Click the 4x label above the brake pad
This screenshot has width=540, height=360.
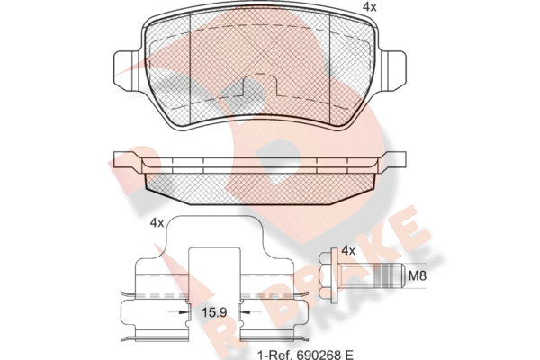370,7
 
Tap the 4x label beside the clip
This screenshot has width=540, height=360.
157,223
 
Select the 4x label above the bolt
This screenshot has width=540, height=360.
348,250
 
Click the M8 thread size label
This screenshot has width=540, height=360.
418,275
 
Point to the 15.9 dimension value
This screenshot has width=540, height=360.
214,312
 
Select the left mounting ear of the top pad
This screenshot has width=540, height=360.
127,71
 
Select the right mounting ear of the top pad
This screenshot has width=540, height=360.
392,71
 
